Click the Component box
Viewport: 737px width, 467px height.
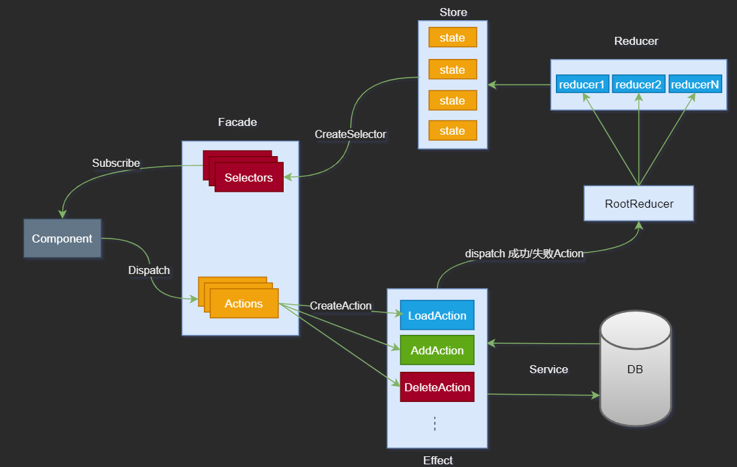62,238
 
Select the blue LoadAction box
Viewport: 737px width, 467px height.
437,316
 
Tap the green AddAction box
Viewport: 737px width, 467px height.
437,350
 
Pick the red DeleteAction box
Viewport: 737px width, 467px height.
437,387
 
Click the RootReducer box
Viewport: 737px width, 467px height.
638,204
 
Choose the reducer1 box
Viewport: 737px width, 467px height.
582,84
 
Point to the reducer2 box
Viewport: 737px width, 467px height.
638,84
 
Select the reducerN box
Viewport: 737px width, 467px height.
695,84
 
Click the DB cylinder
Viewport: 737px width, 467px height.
635,369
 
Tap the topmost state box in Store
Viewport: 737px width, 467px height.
452,38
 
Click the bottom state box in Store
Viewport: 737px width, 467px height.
452,131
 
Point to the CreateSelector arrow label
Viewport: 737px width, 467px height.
351,134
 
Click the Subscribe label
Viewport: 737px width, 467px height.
116,163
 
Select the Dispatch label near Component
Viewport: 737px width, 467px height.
149,270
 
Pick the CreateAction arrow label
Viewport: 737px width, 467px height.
341,306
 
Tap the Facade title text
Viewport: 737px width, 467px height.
237,122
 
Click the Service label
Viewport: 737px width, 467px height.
549,369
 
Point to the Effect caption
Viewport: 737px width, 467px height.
438,460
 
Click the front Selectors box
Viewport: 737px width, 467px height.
249,178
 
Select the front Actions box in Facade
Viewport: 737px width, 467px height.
244,304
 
